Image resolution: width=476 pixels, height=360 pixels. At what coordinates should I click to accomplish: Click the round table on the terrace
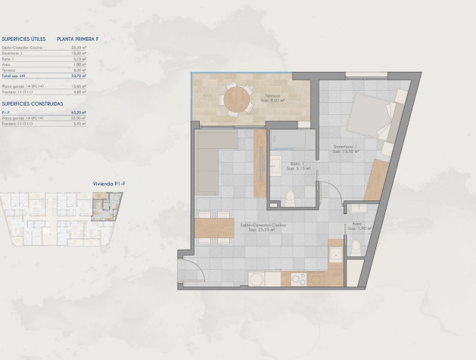[238, 99]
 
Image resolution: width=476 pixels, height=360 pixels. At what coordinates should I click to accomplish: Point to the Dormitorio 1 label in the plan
[347, 148]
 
